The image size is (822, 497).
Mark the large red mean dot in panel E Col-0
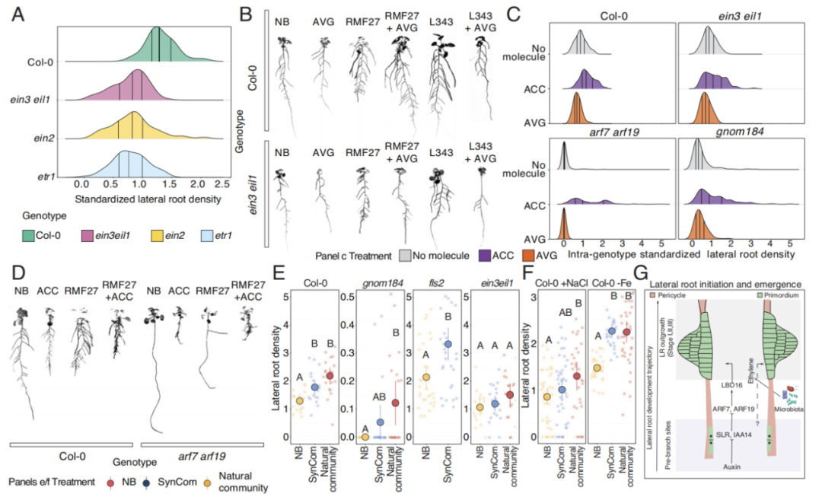click(330, 376)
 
